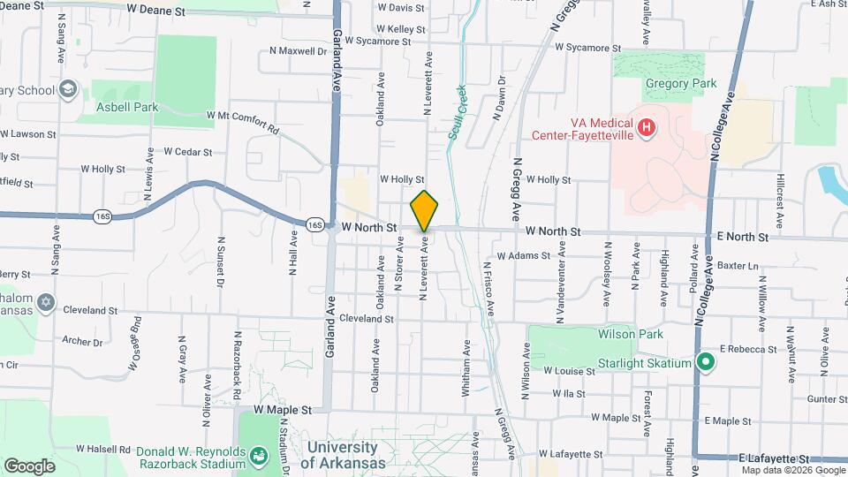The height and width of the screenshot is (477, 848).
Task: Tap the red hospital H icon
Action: coord(647,129)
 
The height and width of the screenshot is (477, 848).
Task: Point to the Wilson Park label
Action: coord(604,335)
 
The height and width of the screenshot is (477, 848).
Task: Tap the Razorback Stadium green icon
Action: coord(259,457)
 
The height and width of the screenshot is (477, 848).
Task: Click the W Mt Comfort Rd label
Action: coord(242,122)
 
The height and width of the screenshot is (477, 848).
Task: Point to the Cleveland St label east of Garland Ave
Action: coord(365,318)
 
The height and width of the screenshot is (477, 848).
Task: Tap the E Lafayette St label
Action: coord(774,459)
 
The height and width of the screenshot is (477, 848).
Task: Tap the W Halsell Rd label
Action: coord(103,449)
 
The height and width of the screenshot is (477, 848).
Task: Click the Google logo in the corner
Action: coord(29,466)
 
